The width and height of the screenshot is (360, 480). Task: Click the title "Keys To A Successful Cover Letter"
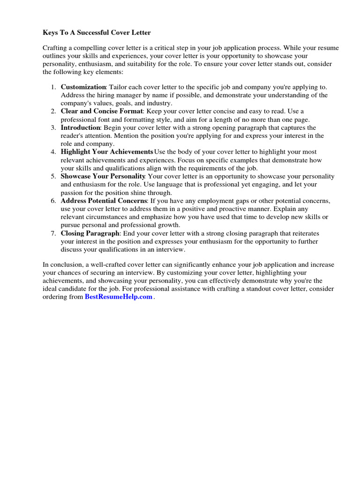[x=97, y=33]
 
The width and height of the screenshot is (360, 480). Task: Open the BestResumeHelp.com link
[x=119, y=297]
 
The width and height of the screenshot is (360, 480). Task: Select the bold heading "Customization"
[x=83, y=87]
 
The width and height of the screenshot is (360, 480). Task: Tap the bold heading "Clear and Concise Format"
[x=101, y=111]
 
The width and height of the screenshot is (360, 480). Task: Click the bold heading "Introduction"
[x=80, y=127]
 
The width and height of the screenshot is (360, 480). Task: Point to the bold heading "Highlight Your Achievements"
[x=106, y=152]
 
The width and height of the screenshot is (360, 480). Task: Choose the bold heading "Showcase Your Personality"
[x=103, y=176]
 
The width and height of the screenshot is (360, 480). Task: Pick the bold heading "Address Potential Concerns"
[x=104, y=201]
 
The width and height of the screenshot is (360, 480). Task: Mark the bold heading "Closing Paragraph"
[x=90, y=233]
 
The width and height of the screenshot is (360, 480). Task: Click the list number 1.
[x=53, y=87]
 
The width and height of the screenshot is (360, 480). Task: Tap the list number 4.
[x=53, y=152]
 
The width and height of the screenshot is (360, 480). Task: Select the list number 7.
[x=53, y=233]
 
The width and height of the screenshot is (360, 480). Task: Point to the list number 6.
[x=53, y=201]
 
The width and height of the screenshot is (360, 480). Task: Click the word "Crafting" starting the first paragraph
[x=55, y=48]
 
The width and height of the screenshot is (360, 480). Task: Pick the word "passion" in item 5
[x=72, y=193]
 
